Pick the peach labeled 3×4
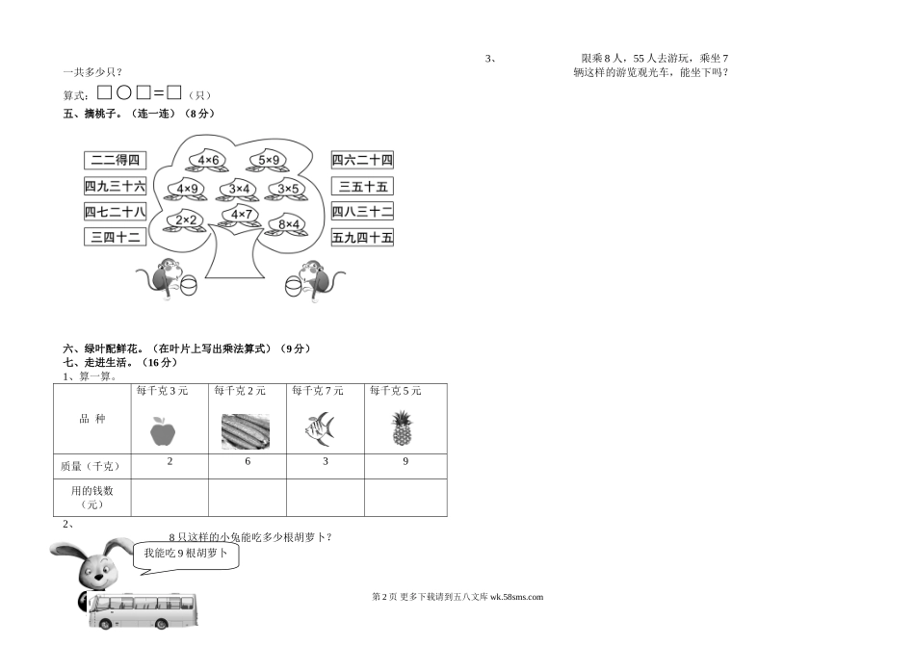[240, 189]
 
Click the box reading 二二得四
[115, 160]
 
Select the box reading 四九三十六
[115, 186]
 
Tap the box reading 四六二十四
[362, 160]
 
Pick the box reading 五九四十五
[362, 237]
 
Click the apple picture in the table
[165, 429]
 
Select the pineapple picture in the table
[402, 428]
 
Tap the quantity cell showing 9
[405, 462]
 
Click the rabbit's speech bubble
[187, 555]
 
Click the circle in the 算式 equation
[124, 93]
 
